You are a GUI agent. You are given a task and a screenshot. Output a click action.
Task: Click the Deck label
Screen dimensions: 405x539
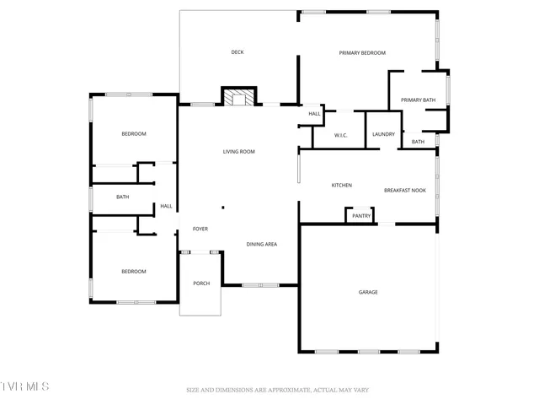[237, 52]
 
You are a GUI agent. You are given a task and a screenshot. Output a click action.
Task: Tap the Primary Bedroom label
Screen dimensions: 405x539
[362, 53]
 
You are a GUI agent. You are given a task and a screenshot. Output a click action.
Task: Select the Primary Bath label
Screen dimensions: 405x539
[418, 100]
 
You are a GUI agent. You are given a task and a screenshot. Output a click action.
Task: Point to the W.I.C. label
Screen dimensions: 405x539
[341, 135]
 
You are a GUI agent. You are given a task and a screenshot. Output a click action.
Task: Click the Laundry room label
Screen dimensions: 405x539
[384, 135]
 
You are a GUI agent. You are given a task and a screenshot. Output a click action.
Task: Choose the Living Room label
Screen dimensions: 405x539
[238, 152]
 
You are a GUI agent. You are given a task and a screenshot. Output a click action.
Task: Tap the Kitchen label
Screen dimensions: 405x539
[341, 186]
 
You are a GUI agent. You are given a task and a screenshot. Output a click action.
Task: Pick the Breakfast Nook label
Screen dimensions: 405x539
[405, 191]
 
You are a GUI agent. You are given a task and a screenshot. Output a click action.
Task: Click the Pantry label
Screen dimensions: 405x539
[361, 216]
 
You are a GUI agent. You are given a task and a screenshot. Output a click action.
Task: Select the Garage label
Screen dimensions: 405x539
[368, 292]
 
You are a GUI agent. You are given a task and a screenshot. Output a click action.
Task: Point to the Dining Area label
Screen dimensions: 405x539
[262, 245]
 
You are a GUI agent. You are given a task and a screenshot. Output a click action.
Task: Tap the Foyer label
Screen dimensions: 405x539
[200, 229]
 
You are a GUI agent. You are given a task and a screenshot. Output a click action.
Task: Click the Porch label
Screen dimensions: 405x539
[201, 283]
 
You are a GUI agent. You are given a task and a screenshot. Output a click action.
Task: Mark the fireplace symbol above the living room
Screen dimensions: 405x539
[237, 97]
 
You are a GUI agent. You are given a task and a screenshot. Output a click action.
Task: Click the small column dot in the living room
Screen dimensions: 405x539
[223, 208]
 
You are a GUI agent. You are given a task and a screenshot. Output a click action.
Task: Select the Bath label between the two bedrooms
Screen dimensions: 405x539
[123, 197]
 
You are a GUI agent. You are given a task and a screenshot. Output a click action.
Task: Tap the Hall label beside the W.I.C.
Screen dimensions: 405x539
[314, 114]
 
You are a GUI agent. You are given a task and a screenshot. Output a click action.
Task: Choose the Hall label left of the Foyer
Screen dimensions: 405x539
[167, 207]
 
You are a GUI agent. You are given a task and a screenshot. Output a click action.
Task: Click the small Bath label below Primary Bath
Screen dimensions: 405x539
[418, 142]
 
